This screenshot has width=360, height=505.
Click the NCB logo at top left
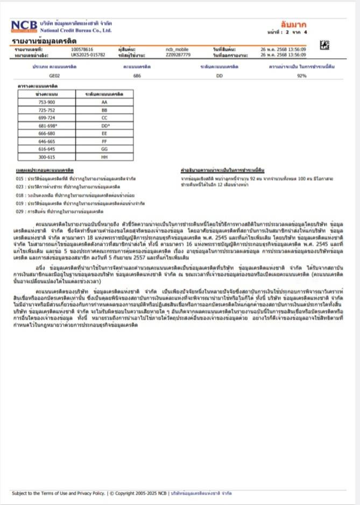point(24,26)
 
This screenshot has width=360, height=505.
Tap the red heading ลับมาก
point(293,25)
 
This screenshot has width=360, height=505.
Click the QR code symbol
point(324,45)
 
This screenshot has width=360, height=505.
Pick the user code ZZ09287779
point(178,54)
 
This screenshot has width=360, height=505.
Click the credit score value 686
point(137,76)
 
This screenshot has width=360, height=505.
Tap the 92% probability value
point(301,76)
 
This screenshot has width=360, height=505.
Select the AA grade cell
point(104,102)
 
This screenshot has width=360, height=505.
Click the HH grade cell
point(104,157)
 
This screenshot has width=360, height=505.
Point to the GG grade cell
point(104,149)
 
